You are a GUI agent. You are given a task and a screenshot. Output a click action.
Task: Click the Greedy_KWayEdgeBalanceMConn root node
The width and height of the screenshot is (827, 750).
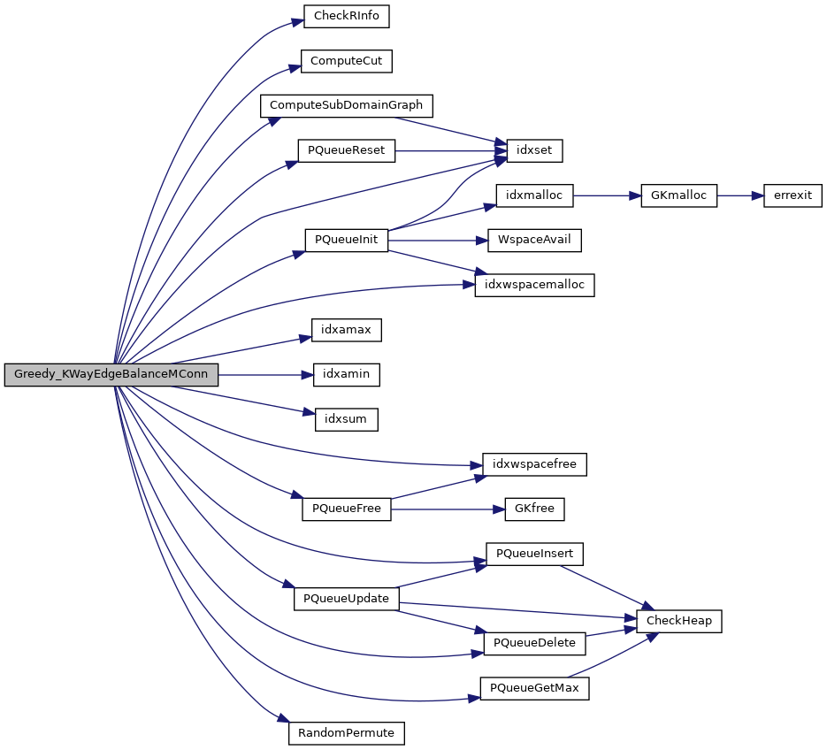click(x=111, y=375)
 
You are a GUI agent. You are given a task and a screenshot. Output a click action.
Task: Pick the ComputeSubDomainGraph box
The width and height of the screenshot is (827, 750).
click(x=347, y=105)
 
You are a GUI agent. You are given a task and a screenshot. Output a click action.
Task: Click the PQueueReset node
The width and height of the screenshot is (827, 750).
click(x=346, y=150)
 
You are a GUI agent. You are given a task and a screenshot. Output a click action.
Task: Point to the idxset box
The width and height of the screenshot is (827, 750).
click(x=529, y=150)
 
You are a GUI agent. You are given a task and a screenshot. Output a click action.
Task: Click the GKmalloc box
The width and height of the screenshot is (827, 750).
click(x=678, y=195)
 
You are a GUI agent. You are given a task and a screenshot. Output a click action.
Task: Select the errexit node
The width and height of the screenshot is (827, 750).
click(x=793, y=195)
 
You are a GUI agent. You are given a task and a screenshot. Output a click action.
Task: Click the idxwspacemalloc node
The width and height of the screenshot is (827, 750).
click(x=534, y=285)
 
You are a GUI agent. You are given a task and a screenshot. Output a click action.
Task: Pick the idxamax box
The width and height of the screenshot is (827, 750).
click(x=346, y=330)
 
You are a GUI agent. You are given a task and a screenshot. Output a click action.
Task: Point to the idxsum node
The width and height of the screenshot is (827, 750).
click(x=347, y=419)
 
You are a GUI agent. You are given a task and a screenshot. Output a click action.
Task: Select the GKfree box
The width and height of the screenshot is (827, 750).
click(x=534, y=509)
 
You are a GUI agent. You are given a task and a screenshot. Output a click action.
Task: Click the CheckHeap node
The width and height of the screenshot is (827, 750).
click(x=679, y=621)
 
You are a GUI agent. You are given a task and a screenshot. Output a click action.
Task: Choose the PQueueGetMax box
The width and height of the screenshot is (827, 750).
click(x=534, y=688)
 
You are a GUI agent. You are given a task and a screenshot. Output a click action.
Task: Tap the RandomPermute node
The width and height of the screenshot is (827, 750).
click(x=347, y=733)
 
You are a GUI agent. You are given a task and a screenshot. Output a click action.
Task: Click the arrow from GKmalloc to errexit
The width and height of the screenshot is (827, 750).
click(x=739, y=195)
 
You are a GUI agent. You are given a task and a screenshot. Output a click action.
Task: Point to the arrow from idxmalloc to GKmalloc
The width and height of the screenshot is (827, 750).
click(x=607, y=195)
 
